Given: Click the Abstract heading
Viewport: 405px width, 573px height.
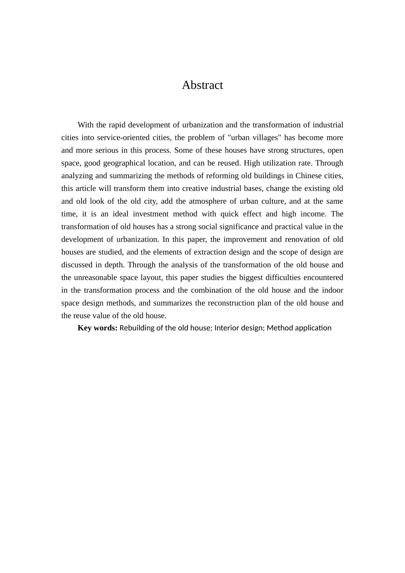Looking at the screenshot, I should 202,85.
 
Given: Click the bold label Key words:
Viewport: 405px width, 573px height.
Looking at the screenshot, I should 97,328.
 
